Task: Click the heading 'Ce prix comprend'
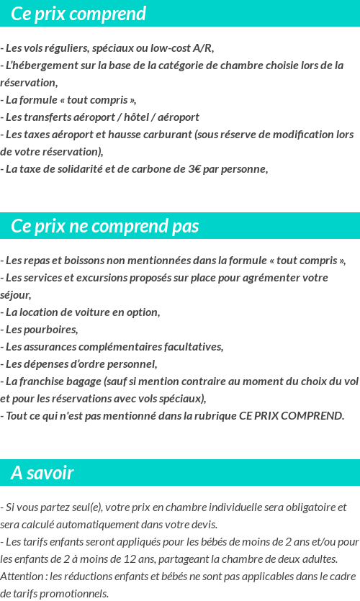78,14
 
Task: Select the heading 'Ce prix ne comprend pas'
105,226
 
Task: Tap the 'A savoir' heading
42,473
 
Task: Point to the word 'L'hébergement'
40,65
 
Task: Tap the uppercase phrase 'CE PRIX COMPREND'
296,416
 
